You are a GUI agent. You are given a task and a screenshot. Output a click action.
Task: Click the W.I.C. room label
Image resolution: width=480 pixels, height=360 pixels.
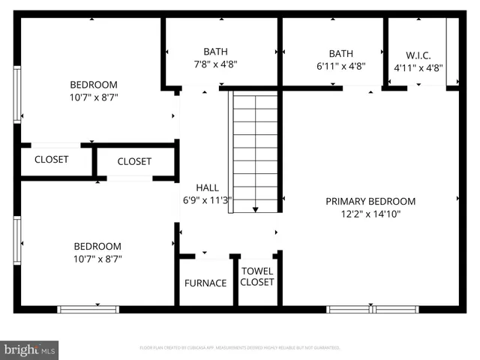coord(418,55)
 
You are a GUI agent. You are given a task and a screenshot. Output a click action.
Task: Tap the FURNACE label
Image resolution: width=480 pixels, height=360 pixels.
coord(205,283)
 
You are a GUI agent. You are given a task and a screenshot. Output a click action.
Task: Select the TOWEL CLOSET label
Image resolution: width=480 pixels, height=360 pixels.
coord(257,277)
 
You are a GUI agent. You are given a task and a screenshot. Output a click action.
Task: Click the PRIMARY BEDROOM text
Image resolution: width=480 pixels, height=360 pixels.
coord(370,201)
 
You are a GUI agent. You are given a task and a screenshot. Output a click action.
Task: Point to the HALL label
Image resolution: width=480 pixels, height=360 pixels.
coord(208,187)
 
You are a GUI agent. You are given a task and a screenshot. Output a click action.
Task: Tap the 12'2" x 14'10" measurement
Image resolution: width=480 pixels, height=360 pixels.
coord(370,214)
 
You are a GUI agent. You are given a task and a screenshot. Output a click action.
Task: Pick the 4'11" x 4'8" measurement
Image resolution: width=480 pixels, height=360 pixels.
coord(418,67)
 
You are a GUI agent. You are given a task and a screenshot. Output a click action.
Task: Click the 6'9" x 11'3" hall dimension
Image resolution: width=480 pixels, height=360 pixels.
coord(208,200)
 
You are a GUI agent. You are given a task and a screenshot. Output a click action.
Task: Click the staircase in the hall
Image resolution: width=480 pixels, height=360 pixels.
coord(255,150)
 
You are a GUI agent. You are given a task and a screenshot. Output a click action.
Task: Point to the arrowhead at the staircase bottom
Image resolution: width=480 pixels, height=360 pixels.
coord(255,209)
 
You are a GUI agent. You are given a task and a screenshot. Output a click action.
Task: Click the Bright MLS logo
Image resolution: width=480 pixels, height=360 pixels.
coord(30,349)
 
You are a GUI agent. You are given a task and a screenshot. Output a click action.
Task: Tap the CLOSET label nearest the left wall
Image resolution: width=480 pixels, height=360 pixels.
coord(51,160)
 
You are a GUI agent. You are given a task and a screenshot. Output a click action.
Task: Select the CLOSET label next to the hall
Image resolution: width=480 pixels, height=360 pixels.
coord(134,161)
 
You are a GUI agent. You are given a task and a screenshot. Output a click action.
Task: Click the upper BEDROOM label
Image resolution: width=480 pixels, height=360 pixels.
coord(94,85)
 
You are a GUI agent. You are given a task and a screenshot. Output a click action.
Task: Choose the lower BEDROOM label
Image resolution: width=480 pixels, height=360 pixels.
coord(97,246)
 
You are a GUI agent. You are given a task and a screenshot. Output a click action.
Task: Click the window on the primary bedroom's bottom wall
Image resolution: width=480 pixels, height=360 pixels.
coord(373,309)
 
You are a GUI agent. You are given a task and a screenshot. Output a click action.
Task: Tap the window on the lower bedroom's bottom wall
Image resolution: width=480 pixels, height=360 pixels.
coord(88,309)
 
